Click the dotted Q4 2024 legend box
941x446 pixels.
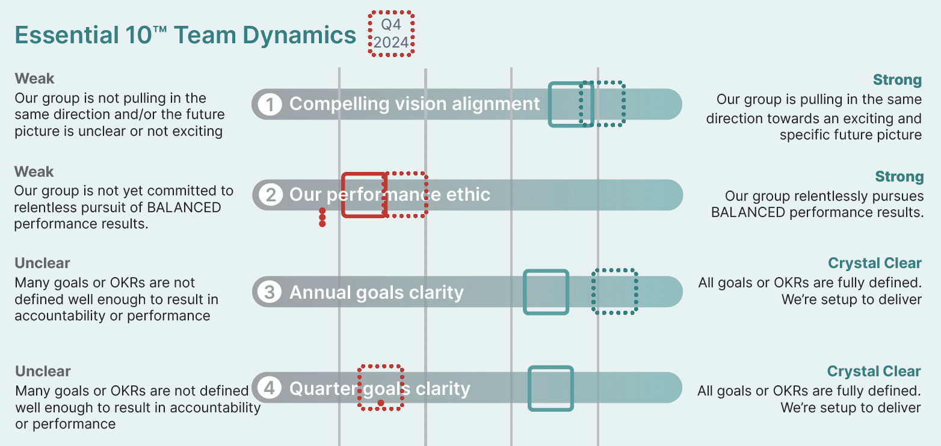391,34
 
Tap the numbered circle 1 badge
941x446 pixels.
270,105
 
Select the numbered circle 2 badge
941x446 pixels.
271,195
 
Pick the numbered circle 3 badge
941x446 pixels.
270,292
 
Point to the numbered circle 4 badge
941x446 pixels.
270,388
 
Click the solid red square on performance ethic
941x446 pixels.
363,195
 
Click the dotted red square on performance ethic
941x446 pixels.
406,194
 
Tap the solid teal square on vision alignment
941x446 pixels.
571,104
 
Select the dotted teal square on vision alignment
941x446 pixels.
602,104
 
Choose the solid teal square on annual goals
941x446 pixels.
546,292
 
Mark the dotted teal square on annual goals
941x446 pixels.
614,292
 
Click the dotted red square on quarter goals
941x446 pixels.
380,388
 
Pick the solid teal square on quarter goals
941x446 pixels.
551,388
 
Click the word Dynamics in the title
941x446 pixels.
299,35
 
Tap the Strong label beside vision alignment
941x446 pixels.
897,80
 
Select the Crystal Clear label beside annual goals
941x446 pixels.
875,263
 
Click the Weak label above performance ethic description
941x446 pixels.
34,172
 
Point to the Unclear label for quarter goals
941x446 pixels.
43,371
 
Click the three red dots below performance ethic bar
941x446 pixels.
322,217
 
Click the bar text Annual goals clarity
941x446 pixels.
377,293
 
